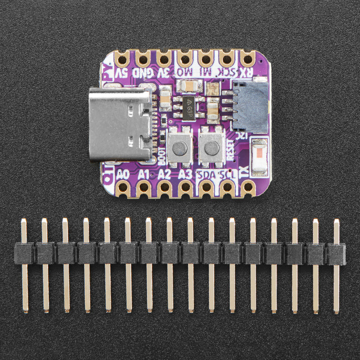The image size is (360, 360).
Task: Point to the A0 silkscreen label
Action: pos(123,174)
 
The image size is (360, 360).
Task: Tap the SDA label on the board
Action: pos(207,175)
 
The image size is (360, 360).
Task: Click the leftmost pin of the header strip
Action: pos(24,265)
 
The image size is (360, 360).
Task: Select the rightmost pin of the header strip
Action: pos(336,265)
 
